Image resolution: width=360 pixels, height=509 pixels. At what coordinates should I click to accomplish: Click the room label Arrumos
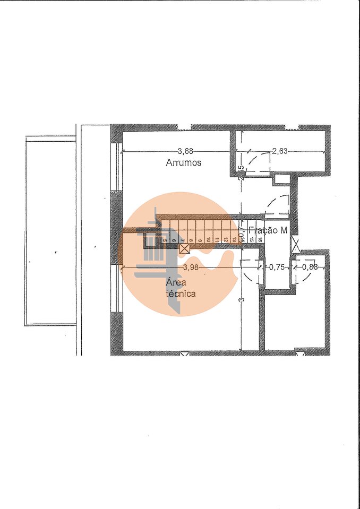pos(183,163)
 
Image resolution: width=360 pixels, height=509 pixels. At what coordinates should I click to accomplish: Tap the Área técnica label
pos(181,288)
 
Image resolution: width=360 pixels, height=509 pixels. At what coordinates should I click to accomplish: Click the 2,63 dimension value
pos(279,151)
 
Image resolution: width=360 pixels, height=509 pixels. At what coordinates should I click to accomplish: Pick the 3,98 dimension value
pos(190,267)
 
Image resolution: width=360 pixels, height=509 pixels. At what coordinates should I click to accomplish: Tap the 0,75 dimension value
pos(277,267)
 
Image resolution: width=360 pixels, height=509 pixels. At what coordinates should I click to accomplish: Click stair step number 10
pos(208,240)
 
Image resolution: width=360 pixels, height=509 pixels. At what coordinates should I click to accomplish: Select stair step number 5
pos(165,240)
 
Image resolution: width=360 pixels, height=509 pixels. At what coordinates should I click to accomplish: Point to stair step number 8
pos(191,240)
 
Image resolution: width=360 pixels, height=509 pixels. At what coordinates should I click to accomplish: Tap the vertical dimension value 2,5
pos(241,174)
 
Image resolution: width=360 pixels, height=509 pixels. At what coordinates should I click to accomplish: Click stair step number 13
pos(234,240)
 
